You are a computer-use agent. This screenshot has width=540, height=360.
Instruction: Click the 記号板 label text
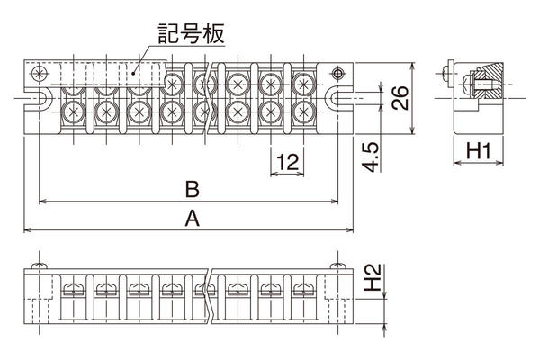192,35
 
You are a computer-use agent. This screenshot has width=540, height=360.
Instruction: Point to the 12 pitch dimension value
287,162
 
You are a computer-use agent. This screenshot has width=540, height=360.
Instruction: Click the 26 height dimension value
402,97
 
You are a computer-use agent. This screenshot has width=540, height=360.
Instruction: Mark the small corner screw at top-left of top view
37,73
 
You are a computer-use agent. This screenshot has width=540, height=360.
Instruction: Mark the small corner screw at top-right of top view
338,73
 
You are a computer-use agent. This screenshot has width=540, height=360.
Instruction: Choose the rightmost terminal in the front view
301,290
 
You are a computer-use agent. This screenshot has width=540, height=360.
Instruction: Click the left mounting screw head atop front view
39,265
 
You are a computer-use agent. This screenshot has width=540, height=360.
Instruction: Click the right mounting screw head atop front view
337,265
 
